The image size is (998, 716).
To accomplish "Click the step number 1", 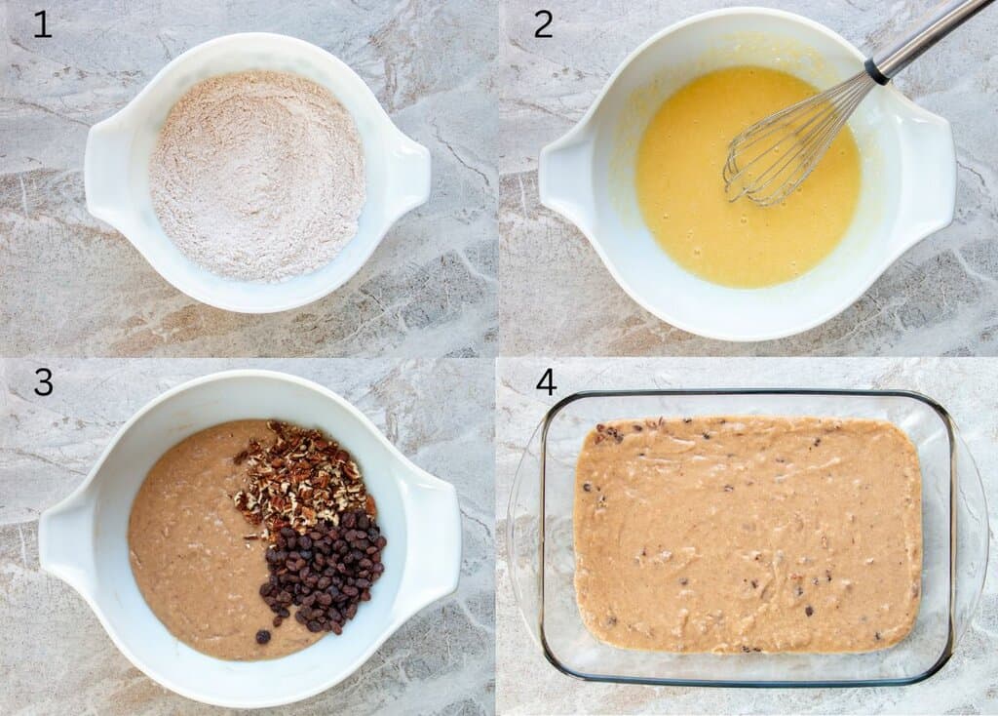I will click(x=42, y=23).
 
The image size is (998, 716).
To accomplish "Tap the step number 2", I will click(x=543, y=23).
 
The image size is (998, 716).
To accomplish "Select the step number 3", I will click(x=43, y=382).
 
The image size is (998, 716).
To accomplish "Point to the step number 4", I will click(x=546, y=382).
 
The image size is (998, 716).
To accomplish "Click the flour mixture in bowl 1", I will click(x=257, y=176).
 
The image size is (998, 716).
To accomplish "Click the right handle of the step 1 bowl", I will click(x=410, y=176).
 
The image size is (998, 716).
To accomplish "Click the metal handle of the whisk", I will click(x=926, y=39).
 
